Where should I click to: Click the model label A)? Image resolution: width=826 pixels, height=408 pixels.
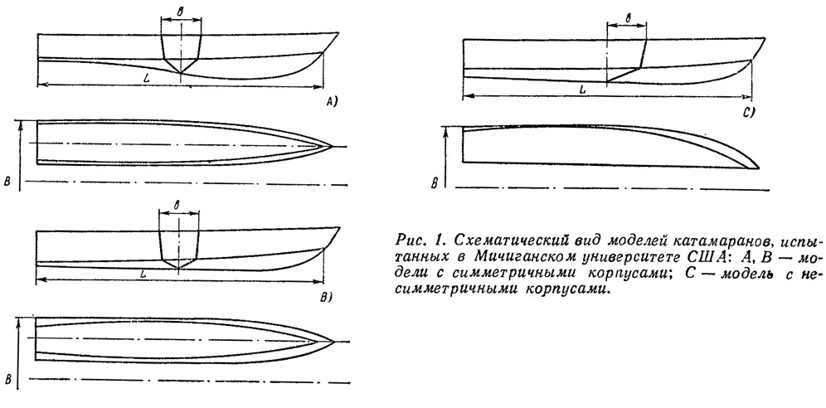[331, 103]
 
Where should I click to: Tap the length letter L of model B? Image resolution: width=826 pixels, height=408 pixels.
[143, 274]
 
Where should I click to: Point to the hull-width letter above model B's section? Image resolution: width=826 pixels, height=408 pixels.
[177, 206]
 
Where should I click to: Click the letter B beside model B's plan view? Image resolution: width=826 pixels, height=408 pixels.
[8, 380]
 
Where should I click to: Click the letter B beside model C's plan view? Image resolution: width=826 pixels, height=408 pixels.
[435, 183]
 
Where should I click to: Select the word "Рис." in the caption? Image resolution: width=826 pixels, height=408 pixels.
[412, 240]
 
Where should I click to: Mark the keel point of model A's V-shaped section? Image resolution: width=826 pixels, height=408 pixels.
[180, 73]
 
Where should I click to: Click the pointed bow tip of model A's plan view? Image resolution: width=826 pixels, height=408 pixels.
[332, 146]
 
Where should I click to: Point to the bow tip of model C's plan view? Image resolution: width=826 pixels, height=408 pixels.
[758, 168]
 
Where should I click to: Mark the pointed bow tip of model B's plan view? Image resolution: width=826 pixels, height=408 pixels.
[333, 342]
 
